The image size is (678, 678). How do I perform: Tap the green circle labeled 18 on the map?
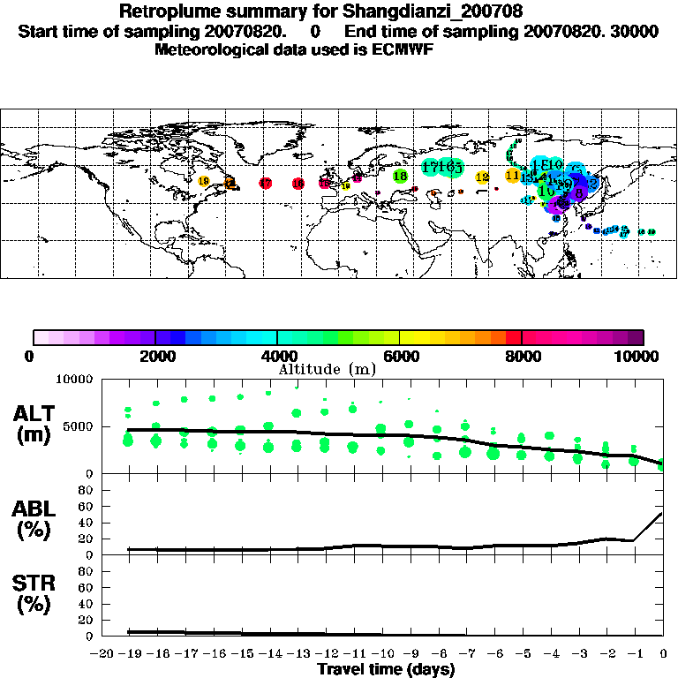pos(400,177)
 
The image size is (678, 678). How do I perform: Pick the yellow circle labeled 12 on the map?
pos(482,177)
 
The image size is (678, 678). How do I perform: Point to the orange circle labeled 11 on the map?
pos(512,176)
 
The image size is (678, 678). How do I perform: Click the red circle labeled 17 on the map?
pos(265,183)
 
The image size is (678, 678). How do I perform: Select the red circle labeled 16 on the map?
pos(298,184)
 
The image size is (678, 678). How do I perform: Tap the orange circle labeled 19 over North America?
pos(204,181)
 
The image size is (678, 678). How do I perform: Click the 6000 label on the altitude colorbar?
pos(400,356)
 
